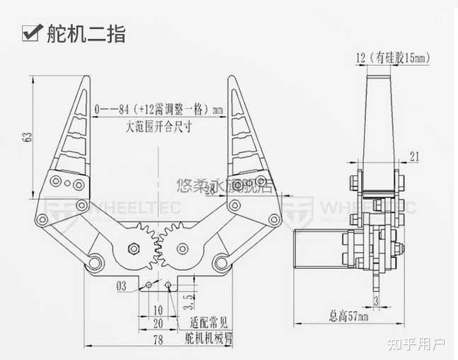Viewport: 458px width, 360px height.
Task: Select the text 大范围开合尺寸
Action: click(160, 127)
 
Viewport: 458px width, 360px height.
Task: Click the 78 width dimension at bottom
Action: click(159, 341)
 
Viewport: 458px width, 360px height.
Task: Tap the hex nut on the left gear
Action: click(131, 249)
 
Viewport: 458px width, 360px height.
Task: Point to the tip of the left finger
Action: click(89, 76)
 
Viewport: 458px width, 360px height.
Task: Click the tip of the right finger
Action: click(231, 76)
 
